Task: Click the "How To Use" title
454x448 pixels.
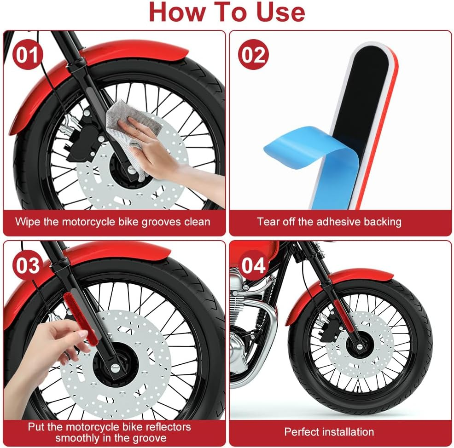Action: pos(227,12)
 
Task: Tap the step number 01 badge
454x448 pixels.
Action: pos(28,54)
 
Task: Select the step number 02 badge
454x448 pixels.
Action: pos(253,54)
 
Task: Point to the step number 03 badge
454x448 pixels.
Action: pos(28,265)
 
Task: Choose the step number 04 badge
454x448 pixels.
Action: pos(253,265)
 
